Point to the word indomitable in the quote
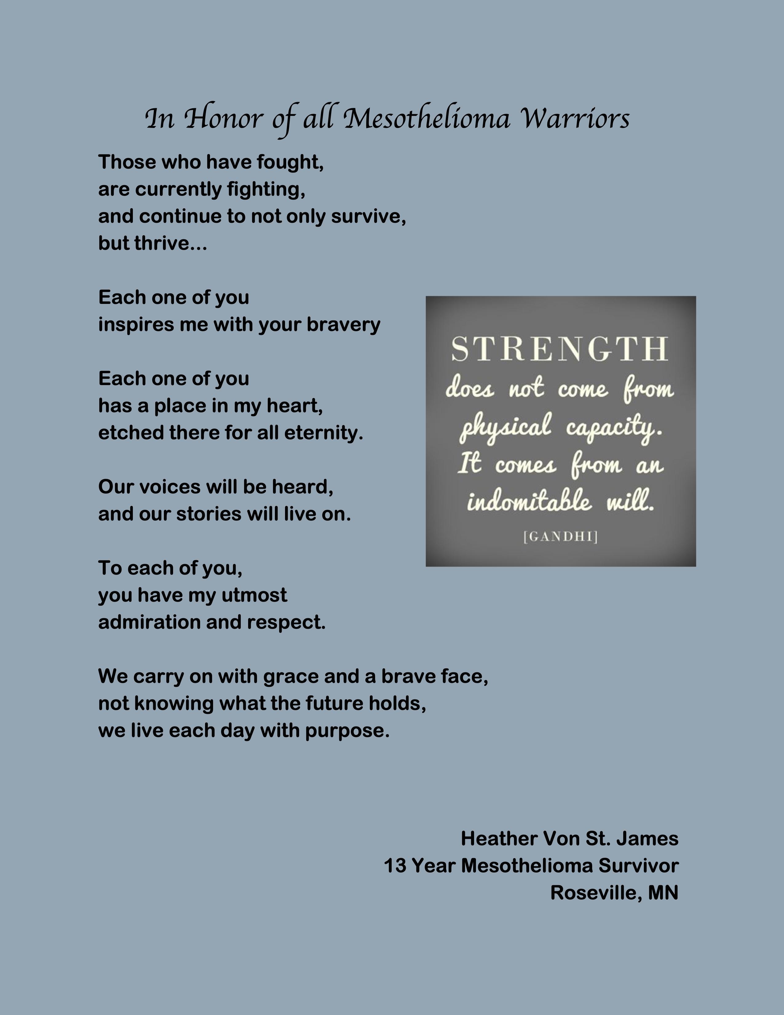coord(529,502)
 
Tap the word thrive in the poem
coord(160,244)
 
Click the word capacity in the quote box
coord(613,427)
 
